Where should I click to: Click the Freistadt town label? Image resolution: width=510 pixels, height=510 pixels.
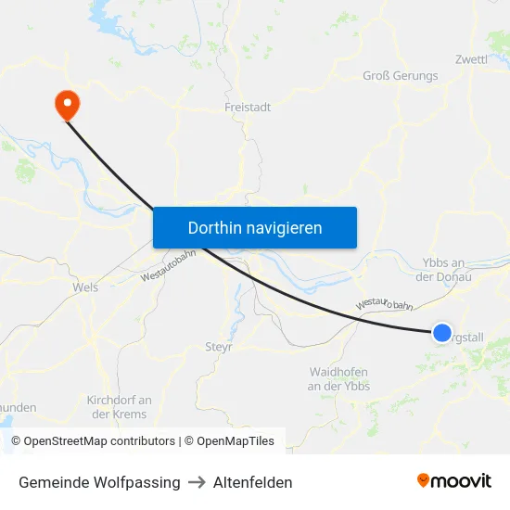[x=248, y=108]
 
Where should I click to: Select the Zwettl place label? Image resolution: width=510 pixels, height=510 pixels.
[x=471, y=59]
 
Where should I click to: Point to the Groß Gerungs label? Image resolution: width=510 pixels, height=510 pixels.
[x=399, y=77]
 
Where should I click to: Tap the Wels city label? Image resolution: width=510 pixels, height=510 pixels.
[x=85, y=287]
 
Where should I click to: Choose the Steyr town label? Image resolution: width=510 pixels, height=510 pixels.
[x=218, y=348]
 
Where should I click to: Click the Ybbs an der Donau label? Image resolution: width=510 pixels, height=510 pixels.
[x=445, y=270]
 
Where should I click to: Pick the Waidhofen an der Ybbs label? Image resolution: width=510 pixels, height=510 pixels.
[x=338, y=378]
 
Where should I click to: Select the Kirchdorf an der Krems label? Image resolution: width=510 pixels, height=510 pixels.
[x=119, y=407]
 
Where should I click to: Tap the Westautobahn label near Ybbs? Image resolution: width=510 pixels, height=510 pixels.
[x=383, y=305]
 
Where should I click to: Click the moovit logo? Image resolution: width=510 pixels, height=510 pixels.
[x=453, y=481]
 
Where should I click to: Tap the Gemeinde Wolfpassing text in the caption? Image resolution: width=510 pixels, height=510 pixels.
[x=99, y=482]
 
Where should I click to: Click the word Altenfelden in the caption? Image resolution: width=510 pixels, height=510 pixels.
[x=252, y=482]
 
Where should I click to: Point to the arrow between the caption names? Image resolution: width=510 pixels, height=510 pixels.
[x=197, y=482]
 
